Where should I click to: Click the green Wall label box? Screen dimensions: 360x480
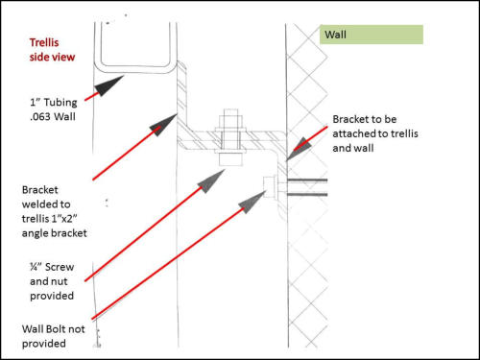pos(371,35)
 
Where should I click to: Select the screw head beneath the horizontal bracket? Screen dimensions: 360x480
pos(230,160)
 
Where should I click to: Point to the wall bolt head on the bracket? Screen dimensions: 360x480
pos(272,187)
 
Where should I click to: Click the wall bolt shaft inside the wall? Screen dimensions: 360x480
pos(307,187)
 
